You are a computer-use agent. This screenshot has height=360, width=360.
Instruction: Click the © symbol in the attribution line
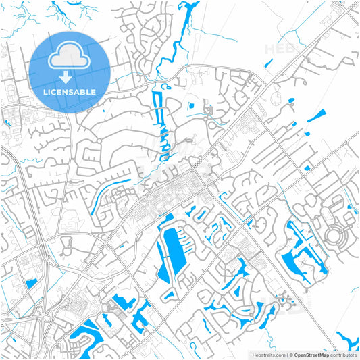coord(290,354)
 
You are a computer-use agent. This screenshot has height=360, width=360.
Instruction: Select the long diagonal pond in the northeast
coord(317,115)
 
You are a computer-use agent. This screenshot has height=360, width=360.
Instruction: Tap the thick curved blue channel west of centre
coord(101,199)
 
